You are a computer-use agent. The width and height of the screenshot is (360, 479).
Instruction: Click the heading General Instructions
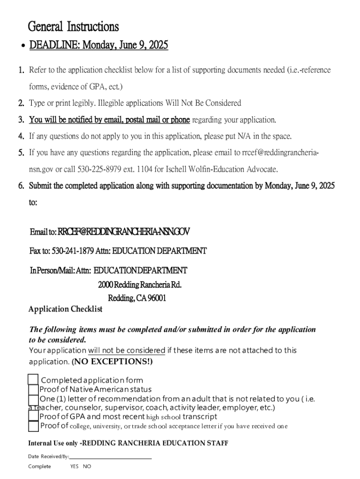pyautogui.click(x=73, y=26)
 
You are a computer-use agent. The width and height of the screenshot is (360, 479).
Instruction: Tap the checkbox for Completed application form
pyautogui.click(x=33, y=380)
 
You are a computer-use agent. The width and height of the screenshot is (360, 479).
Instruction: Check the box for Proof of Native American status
pyautogui.click(x=33, y=390)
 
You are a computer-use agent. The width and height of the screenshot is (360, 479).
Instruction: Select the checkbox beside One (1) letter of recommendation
pyautogui.click(x=33, y=400)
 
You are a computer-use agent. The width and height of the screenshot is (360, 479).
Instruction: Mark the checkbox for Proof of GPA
pyautogui.click(x=33, y=416)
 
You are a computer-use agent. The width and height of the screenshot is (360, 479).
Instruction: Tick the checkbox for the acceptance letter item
pyautogui.click(x=33, y=426)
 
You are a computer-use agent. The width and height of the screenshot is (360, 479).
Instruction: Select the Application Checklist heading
pyautogui.click(x=65, y=309)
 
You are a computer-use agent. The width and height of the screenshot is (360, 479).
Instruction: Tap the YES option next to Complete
pyautogui.click(x=74, y=466)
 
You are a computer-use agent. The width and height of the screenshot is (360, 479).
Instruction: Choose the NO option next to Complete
pyautogui.click(x=87, y=466)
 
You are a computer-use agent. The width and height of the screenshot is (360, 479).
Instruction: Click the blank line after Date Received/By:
pyautogui.click(x=111, y=457)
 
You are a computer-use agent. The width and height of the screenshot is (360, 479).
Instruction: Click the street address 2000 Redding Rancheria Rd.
pyautogui.click(x=140, y=285)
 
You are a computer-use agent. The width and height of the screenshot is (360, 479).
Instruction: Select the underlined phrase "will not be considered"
pyautogui.click(x=127, y=350)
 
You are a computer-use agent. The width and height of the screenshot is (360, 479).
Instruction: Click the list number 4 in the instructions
pyautogui.click(x=22, y=137)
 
